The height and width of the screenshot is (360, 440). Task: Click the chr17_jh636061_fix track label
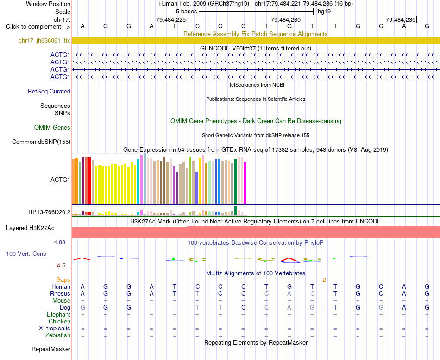pos(44,40)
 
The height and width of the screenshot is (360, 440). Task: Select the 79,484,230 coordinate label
pos(286,19)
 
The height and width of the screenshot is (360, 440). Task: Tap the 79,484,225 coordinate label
pos(171,19)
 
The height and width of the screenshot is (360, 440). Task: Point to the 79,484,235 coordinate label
pos(401,19)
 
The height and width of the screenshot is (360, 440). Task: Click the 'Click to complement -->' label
pos(38,27)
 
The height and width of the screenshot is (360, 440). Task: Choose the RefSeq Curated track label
pos(49,92)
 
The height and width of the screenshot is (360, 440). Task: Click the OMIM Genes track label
pos(52,127)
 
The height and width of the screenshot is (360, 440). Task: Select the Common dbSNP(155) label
pos(41,142)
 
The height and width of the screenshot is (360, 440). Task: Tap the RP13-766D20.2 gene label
pos(50,212)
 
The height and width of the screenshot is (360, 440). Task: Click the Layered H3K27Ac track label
pos(30,228)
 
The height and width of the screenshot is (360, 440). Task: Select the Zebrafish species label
pos(58,335)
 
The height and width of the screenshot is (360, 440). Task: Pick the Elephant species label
pos(59,314)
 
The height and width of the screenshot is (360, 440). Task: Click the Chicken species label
pos(59,321)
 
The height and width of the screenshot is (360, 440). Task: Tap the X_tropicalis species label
pos(55,329)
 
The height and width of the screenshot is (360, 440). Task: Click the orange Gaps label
pos(63,279)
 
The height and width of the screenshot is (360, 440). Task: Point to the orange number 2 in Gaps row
pos(324,280)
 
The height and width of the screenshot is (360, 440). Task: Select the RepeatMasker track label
pos(51,349)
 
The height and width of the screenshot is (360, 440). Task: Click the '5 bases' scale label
pos(187,12)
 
